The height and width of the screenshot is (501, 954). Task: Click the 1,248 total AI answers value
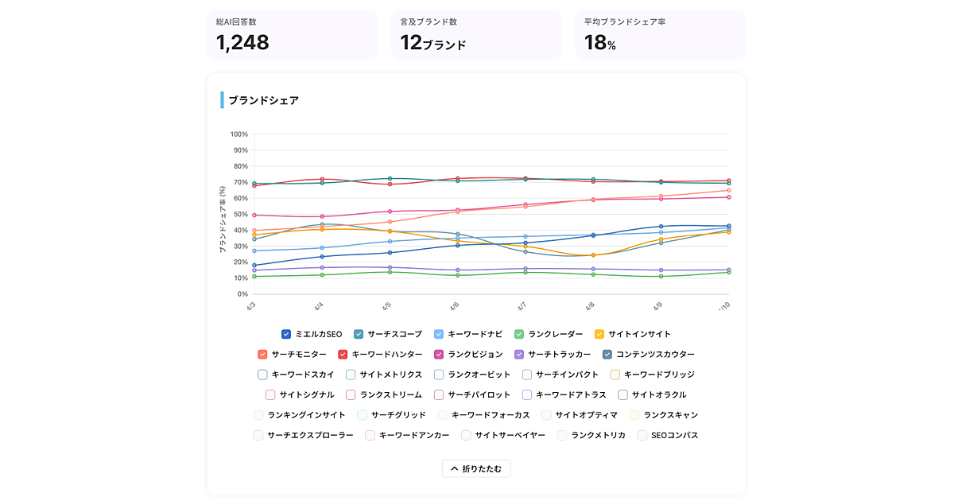tap(242, 43)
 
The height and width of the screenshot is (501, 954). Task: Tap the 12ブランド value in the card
tap(432, 43)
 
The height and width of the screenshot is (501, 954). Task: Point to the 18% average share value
tap(600, 43)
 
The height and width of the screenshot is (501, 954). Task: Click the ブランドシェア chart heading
tap(263, 100)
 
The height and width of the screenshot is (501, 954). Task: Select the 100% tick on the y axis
tap(238, 134)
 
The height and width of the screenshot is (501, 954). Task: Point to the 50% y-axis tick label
tap(239, 215)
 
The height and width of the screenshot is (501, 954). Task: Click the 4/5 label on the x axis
tap(386, 306)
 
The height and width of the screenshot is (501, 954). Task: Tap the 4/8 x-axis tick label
tap(590, 306)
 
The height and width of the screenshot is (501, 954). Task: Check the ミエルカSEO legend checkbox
tap(286, 334)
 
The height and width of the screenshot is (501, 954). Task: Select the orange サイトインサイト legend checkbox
tap(599, 334)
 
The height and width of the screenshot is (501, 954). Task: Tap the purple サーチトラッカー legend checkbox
tap(519, 355)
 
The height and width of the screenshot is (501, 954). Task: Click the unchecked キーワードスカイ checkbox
tap(262, 375)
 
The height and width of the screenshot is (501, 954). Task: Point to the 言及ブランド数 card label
tap(429, 21)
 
